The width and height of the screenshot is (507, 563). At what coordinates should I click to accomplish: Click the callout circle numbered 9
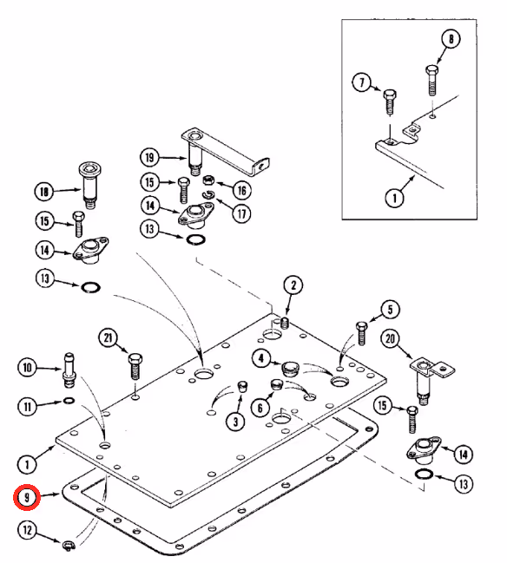coord(26,497)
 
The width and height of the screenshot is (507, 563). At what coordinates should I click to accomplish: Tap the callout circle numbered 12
coord(27,530)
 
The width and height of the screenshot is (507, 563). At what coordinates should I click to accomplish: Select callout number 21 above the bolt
coord(109,338)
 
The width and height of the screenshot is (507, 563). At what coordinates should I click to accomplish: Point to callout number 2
coord(293,285)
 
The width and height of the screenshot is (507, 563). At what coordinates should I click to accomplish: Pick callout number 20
coord(390,338)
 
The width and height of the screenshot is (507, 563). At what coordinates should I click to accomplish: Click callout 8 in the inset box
coord(451,38)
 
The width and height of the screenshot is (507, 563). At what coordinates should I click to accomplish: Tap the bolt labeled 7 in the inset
coord(390,102)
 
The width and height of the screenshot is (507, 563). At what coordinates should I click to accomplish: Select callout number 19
coord(150,157)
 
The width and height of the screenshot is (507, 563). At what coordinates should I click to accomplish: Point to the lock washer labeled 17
coord(207,194)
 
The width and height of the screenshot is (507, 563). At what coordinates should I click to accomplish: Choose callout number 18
coord(44,192)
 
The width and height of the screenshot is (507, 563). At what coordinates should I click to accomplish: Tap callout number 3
coord(235,421)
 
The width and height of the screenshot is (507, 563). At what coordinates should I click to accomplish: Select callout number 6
coord(260,408)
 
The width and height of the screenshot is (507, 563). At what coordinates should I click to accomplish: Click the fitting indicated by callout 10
coord(69,370)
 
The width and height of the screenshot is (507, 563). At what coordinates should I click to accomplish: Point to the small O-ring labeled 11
coord(69,401)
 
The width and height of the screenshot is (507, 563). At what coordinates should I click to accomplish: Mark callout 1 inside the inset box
coord(394,198)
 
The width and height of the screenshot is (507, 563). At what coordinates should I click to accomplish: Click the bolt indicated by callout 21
coord(135,367)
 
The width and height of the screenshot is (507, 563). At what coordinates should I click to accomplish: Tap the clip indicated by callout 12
coord(69,546)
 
